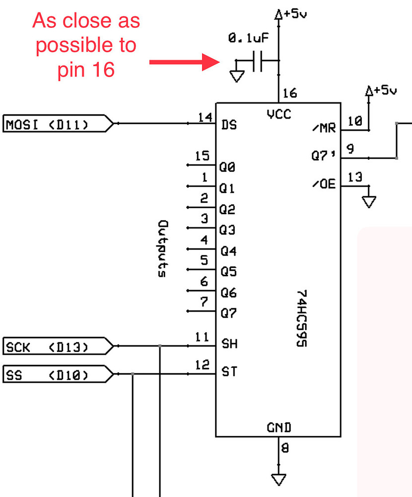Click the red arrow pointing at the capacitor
coord(185,62)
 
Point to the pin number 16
coord(289,93)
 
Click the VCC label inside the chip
coord(278,114)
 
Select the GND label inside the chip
coord(278,427)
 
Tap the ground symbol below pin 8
coord(278,479)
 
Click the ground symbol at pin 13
coord(369,202)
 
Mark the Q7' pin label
coord(324,156)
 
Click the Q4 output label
coord(228,251)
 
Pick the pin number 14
coord(205,117)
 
